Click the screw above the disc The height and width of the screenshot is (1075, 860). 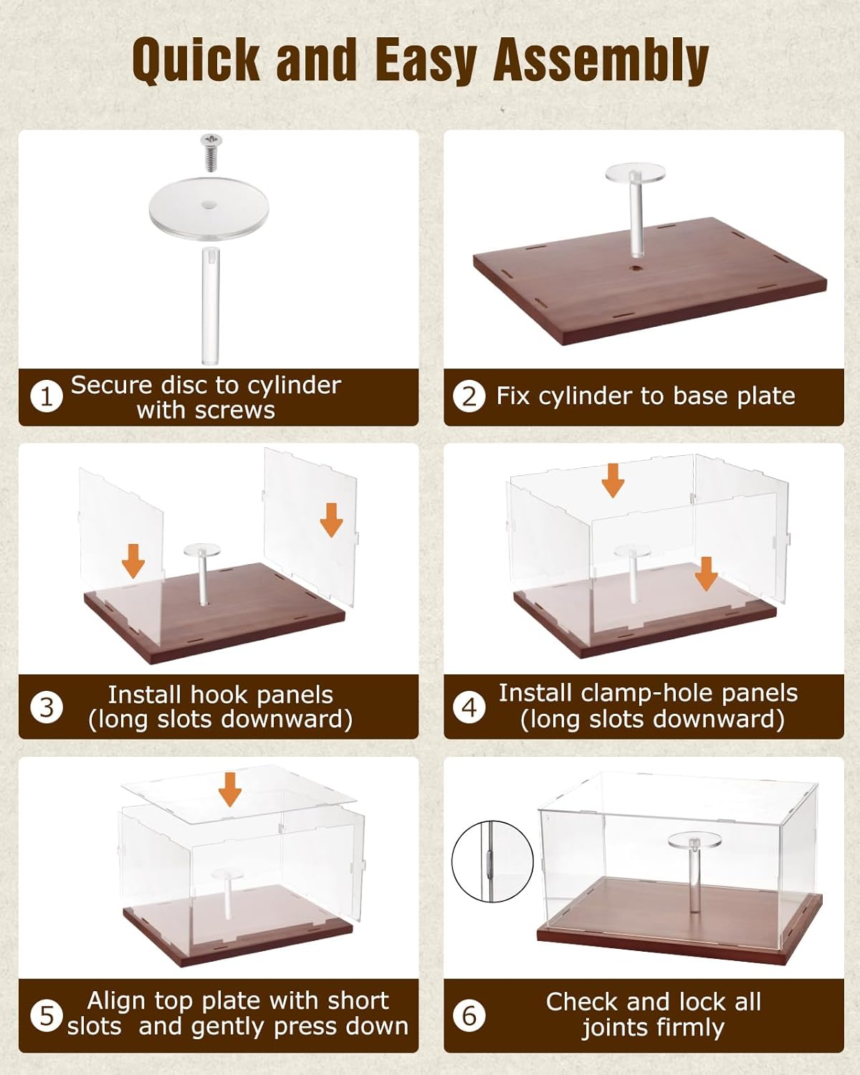pyautogui.click(x=211, y=152)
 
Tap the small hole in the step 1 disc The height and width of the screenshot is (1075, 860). pyautogui.click(x=209, y=205)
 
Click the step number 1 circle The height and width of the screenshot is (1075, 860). pyautogui.click(x=47, y=396)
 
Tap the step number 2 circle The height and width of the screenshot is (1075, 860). pyautogui.click(x=469, y=396)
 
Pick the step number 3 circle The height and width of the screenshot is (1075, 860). pyautogui.click(x=47, y=707)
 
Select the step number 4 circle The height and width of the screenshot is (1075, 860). pyautogui.click(x=469, y=707)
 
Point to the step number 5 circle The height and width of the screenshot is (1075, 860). pyautogui.click(x=47, y=1016)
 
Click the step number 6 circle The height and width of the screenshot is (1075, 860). pyautogui.click(x=469, y=1016)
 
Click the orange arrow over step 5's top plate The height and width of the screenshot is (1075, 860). pyautogui.click(x=230, y=789)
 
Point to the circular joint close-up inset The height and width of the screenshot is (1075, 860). pyautogui.click(x=492, y=861)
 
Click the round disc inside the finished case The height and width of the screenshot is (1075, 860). pyautogui.click(x=694, y=840)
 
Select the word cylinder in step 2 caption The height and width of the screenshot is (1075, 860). pyautogui.click(x=586, y=396)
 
